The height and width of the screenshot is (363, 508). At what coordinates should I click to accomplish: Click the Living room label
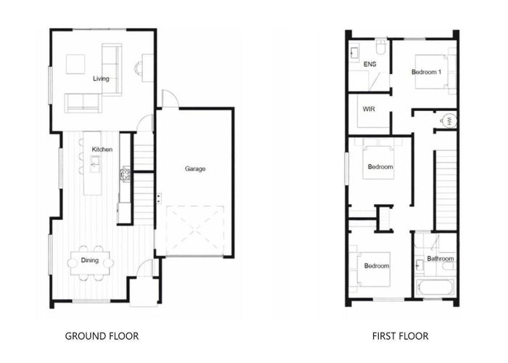pos(101,78)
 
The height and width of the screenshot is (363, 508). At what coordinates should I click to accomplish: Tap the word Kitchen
pos(102,149)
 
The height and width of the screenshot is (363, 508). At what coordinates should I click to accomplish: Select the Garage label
pos(195,168)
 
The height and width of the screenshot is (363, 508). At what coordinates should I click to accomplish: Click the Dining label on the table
pos(91,259)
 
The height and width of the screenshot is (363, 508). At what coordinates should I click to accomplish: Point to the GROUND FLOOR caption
pos(102,336)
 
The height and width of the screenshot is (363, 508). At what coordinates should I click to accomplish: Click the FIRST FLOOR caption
pos(400,336)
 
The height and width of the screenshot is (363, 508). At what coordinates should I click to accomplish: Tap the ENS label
pos(369,65)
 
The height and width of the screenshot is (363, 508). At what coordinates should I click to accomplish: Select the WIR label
pos(368,112)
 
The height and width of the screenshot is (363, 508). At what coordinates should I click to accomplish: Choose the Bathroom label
pos(441,258)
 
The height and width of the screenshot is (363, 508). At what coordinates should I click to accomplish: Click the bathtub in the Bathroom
pos(437,287)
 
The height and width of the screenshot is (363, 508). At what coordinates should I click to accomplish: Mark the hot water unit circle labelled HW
pos(448,121)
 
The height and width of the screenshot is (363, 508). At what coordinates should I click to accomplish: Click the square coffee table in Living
pos(75,65)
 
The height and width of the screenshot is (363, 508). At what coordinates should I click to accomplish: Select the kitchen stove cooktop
pos(126,174)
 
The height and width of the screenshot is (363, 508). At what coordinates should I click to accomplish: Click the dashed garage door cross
pos(194,229)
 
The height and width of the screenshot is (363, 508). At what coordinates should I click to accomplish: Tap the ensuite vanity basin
pos(355,53)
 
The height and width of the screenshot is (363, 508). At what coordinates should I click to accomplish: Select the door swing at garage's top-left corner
pos(168,99)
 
